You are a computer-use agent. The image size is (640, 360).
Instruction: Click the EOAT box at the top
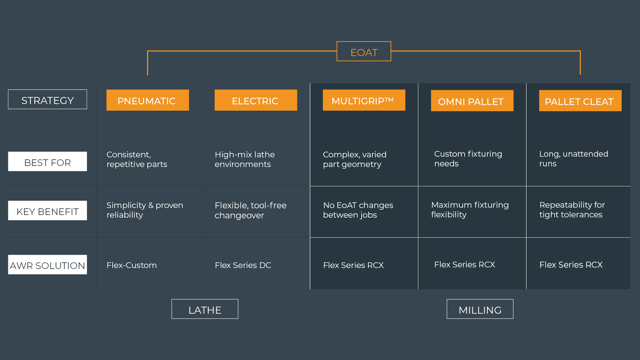(x=364, y=51)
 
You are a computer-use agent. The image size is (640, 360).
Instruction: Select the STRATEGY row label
(x=47, y=99)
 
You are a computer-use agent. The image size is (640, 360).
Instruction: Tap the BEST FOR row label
(x=47, y=161)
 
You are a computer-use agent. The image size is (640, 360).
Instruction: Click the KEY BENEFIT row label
(x=47, y=210)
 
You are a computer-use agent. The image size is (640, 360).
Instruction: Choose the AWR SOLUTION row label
(x=47, y=265)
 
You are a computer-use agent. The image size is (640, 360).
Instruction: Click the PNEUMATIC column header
(x=148, y=100)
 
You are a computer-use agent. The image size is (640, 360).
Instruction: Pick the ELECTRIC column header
(x=256, y=100)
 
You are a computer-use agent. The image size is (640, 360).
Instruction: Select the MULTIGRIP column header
(x=364, y=100)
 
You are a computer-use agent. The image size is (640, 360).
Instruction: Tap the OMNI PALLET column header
(x=472, y=101)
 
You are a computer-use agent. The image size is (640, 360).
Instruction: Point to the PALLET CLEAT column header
(x=580, y=101)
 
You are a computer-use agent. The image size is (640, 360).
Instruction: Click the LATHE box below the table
(x=205, y=309)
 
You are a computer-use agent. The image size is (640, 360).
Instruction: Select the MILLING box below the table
(x=480, y=309)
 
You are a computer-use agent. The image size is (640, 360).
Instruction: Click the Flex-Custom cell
(x=132, y=265)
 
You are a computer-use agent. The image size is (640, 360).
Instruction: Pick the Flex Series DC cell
(x=243, y=265)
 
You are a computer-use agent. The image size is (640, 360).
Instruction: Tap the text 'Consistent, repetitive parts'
(x=137, y=159)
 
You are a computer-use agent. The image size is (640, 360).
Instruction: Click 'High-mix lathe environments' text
(x=245, y=159)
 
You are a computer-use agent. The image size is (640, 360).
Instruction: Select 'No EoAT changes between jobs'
(x=358, y=210)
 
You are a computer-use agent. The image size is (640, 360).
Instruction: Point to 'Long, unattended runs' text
(x=574, y=159)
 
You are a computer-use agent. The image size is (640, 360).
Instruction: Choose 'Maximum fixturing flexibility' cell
(x=470, y=210)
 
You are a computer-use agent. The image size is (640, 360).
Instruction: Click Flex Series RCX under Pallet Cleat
(x=571, y=265)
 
